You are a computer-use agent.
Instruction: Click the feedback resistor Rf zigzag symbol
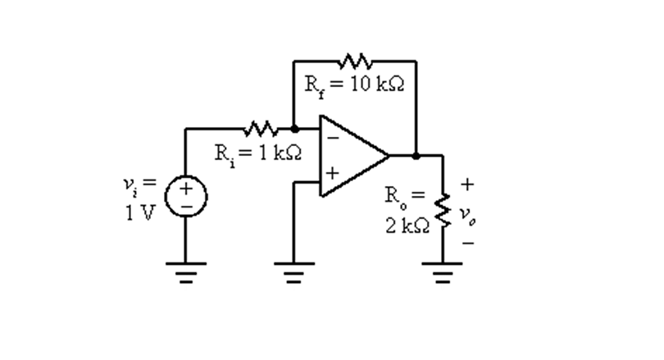coord(355,62)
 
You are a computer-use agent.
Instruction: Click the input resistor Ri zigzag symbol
coord(261,129)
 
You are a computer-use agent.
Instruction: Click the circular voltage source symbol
coord(186,198)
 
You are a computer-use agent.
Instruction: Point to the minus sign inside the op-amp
coord(333,137)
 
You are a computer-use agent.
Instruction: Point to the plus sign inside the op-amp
coord(333,174)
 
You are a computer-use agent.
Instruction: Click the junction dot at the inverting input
coord(294,129)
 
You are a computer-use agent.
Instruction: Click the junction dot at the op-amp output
coord(416,155)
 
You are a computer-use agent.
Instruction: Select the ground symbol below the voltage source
coord(186,271)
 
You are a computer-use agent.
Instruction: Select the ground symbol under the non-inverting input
coord(294,271)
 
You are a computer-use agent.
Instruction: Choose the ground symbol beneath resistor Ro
coord(443,271)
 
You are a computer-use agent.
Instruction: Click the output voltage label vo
coord(466,214)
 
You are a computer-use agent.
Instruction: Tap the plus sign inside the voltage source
coord(186,189)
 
